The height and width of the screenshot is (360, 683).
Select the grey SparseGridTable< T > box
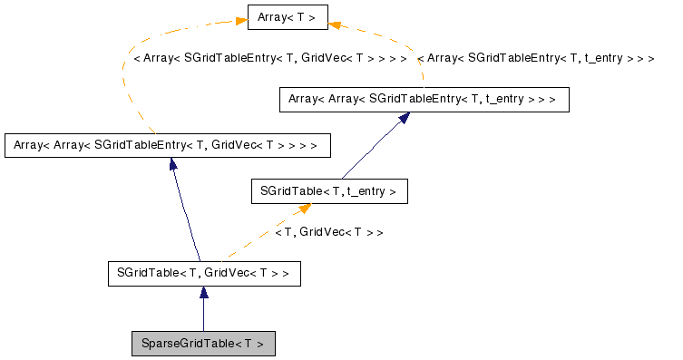tap(203, 344)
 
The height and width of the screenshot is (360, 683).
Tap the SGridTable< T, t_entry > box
tap(328, 191)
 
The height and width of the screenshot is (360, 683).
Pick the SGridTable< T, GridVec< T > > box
tap(203, 272)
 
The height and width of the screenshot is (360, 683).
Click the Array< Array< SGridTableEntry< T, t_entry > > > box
tap(423, 98)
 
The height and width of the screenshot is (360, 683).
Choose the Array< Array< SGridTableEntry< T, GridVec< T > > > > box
tap(167, 144)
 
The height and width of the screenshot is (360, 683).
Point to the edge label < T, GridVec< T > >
tap(328, 232)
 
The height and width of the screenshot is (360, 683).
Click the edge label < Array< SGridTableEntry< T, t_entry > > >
tap(536, 57)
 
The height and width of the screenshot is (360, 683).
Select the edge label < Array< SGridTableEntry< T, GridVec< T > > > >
tap(270, 57)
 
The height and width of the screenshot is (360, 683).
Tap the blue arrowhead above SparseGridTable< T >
tap(204, 292)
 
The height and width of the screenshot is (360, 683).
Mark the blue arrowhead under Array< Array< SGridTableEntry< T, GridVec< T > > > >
tap(171, 164)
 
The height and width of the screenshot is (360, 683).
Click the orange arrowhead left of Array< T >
tap(240, 19)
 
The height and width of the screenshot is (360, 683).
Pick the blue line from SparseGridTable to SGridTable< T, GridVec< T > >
tap(204, 313)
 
